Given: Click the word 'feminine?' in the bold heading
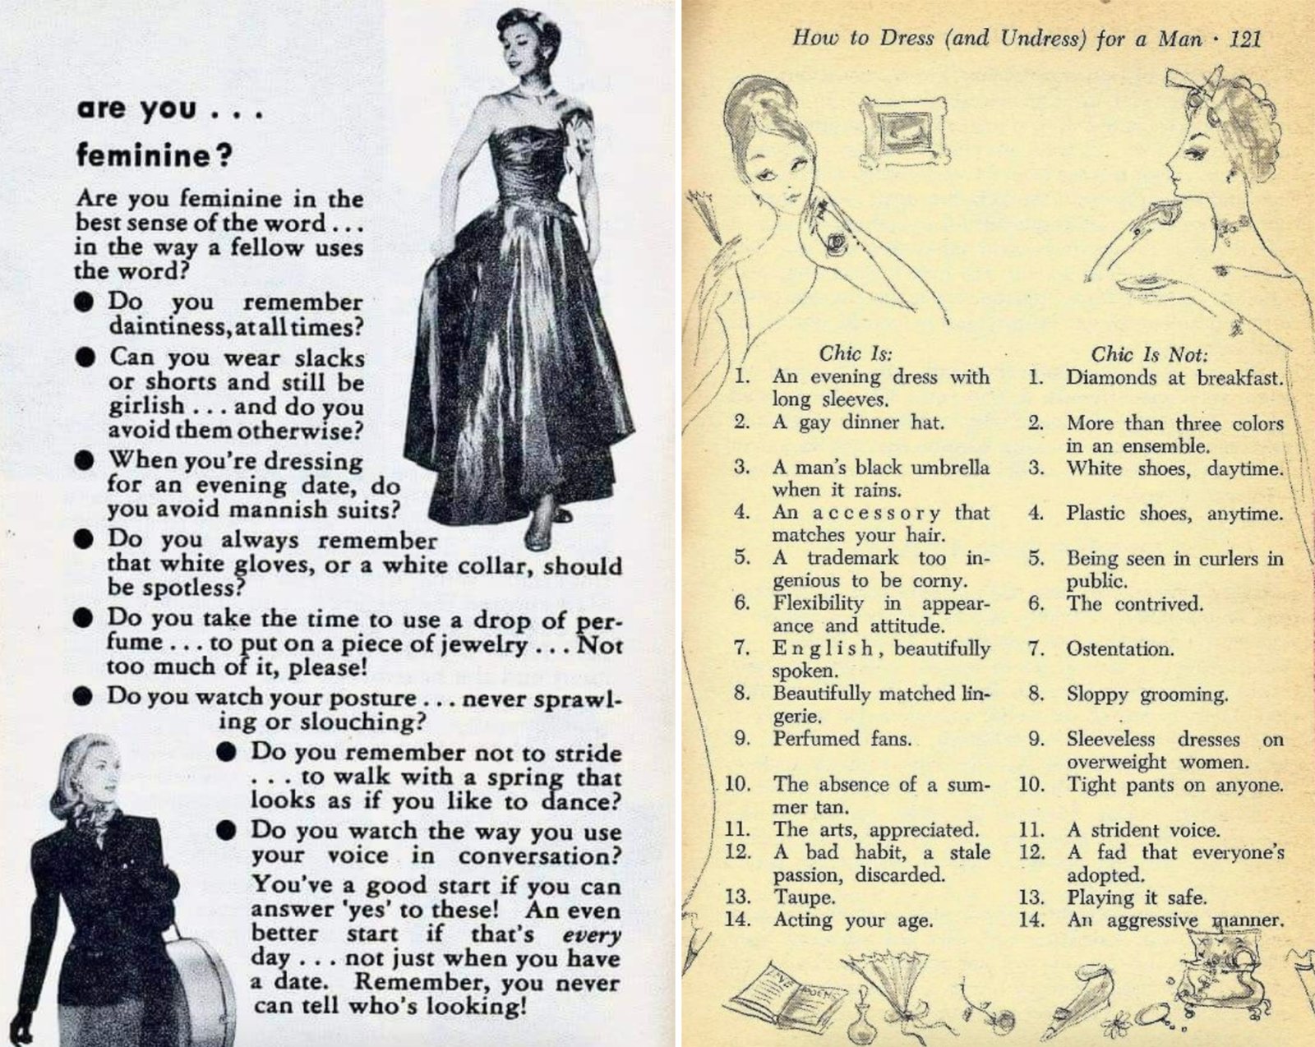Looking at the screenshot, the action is pyautogui.click(x=154, y=155).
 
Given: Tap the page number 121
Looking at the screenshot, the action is pyautogui.click(x=1244, y=39).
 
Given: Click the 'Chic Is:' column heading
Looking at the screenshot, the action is pyautogui.click(x=856, y=353).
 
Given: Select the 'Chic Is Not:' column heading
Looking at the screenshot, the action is pyautogui.click(x=1150, y=354).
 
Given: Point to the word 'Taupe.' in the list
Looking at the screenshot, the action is pyautogui.click(x=804, y=898).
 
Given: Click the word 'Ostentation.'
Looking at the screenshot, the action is pyautogui.click(x=1120, y=648).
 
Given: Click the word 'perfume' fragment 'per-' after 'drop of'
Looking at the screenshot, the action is pyautogui.click(x=599, y=621).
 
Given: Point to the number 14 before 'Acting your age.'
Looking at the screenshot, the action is pyautogui.click(x=737, y=919).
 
